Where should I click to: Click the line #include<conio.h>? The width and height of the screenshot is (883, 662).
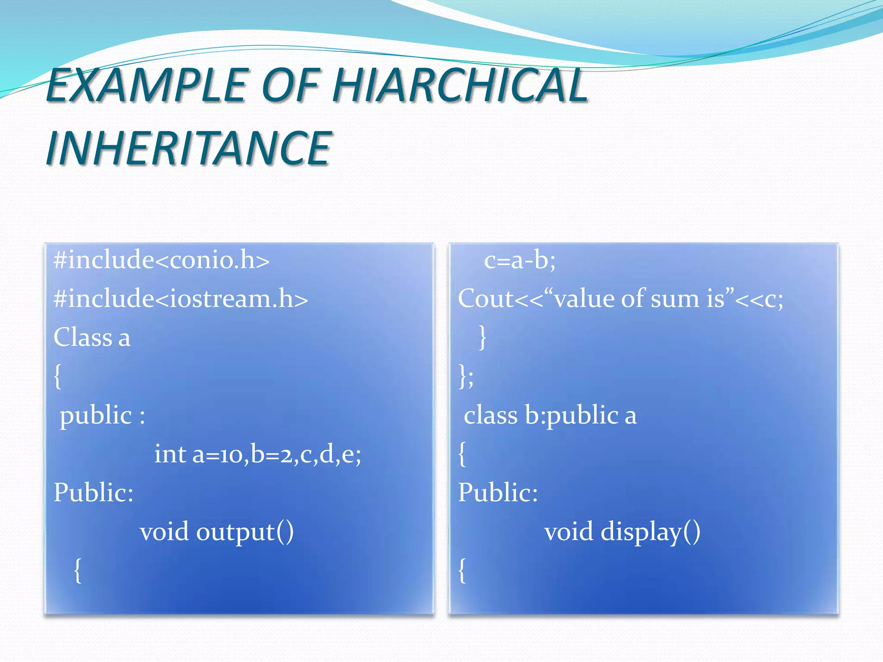(x=161, y=260)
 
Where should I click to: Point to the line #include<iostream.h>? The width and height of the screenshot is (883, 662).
(x=181, y=298)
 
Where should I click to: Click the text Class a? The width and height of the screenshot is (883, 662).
(x=91, y=337)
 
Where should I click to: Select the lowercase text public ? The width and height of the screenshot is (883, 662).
(x=102, y=415)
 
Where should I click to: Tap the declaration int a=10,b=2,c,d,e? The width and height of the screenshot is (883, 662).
(x=257, y=454)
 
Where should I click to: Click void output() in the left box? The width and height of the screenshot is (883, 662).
(x=216, y=532)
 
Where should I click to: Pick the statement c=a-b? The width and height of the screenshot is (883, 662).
(x=520, y=260)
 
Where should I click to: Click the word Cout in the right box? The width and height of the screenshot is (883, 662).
(x=485, y=298)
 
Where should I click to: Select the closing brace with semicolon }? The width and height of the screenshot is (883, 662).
(x=466, y=376)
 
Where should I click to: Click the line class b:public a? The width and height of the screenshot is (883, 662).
(x=550, y=415)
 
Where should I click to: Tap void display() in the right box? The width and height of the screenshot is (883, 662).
(x=622, y=532)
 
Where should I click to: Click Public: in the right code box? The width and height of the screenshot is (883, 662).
(x=498, y=493)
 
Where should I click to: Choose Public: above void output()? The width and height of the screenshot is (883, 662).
(x=93, y=493)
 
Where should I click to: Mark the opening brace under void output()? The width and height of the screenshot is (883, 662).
(x=78, y=570)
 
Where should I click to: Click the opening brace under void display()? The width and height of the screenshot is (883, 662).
(x=462, y=570)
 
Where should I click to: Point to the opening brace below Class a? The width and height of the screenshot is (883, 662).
(x=57, y=376)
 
